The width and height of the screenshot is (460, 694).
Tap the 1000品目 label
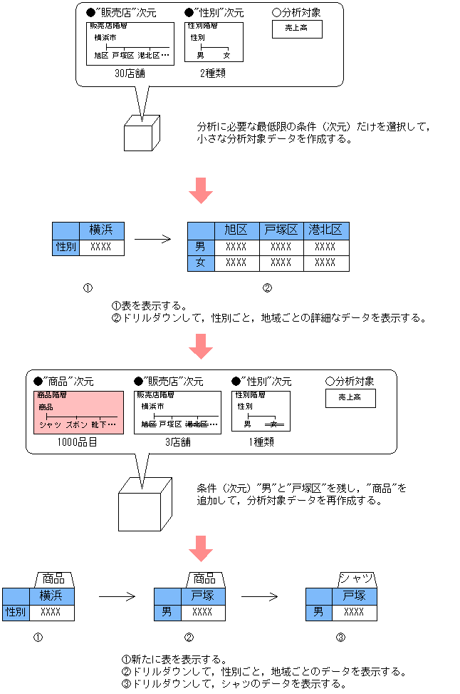(x=78, y=442)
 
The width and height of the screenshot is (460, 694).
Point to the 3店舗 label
(x=178, y=442)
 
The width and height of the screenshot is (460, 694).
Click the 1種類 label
(x=261, y=442)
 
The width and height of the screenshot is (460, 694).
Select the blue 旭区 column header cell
(x=236, y=230)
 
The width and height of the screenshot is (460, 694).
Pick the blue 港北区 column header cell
(x=326, y=230)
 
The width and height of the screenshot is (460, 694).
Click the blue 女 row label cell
(x=201, y=262)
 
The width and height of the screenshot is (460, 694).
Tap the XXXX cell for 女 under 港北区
(x=326, y=262)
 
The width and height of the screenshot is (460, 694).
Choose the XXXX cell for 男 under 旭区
(x=236, y=247)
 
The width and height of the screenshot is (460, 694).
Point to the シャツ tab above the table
(x=356, y=578)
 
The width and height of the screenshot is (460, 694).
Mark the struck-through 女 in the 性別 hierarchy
(x=274, y=424)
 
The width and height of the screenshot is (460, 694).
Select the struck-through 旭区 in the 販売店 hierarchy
(x=148, y=424)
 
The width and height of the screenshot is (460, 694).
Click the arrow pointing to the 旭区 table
(x=153, y=239)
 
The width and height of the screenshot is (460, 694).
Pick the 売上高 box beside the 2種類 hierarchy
(x=297, y=29)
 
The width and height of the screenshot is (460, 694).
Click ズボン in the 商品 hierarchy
(x=76, y=424)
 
